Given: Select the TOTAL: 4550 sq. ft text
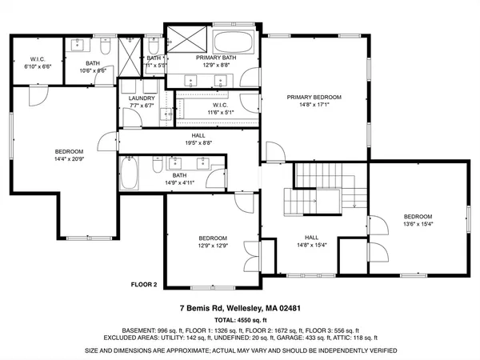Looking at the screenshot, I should [x=239, y=318].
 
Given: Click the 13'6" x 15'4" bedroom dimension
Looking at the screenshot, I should [x=418, y=225].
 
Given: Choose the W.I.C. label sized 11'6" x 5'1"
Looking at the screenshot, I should [x=221, y=113].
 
